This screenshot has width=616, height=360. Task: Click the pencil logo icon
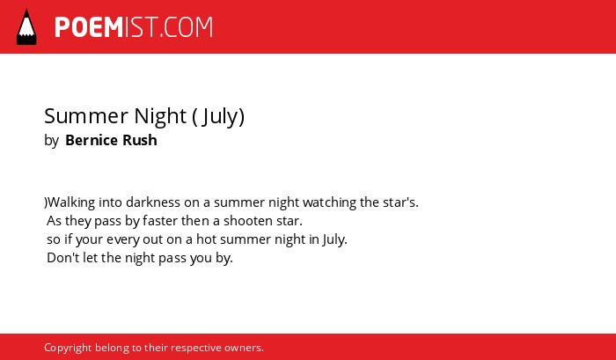(x=26, y=26)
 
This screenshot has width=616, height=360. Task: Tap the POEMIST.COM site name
(x=134, y=27)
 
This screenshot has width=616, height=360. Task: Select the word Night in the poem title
(x=160, y=116)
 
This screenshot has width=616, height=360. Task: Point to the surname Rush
(x=140, y=140)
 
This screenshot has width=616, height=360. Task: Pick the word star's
(x=400, y=202)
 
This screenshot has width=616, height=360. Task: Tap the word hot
(x=206, y=239)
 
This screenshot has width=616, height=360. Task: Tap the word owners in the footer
(x=244, y=349)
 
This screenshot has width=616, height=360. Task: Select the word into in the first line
(x=110, y=202)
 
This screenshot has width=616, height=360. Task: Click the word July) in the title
(x=224, y=117)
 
